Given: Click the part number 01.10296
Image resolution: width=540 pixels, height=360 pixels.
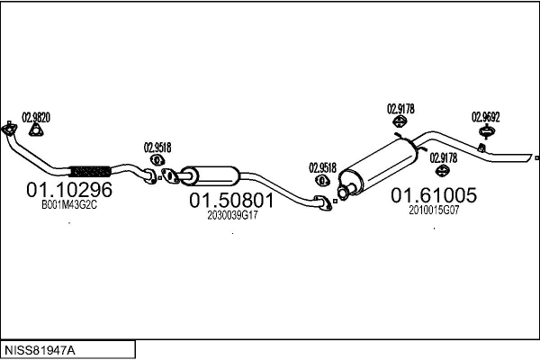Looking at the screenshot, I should click(x=68, y=190).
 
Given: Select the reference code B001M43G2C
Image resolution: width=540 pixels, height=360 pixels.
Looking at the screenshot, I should click(x=68, y=205).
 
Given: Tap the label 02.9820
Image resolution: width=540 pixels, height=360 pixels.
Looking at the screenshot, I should click(x=36, y=117).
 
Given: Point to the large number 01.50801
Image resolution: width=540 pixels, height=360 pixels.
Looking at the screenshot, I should click(x=230, y=201).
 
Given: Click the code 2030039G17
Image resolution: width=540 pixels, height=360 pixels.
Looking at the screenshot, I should click(x=232, y=216).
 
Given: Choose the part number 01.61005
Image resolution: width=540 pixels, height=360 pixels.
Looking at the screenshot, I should click(x=433, y=195).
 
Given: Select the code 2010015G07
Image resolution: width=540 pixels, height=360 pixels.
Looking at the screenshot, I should click(x=434, y=211).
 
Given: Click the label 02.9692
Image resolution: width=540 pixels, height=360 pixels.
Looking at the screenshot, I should click(x=486, y=116).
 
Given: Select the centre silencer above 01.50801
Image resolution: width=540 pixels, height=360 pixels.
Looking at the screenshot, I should click(x=209, y=173).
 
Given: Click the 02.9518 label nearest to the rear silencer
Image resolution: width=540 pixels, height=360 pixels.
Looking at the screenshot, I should click(x=322, y=166).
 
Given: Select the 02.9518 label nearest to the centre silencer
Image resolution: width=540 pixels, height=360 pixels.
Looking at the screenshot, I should click(x=157, y=147).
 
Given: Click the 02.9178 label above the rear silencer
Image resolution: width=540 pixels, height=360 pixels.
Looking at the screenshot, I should click(x=400, y=109).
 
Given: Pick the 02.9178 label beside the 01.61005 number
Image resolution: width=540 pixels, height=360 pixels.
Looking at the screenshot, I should click(x=443, y=157).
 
